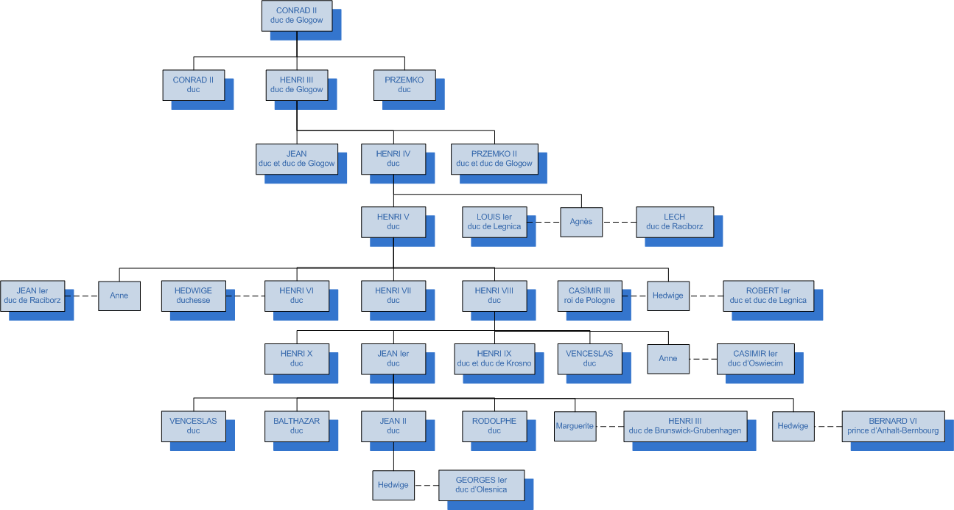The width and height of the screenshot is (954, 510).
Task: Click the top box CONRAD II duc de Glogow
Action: tap(296, 15)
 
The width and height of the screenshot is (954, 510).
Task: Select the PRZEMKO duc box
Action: tap(404, 85)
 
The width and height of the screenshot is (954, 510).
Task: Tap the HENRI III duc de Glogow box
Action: tap(296, 85)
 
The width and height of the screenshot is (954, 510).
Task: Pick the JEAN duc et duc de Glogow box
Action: tap(296, 158)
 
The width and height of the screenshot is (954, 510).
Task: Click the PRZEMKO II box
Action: tap(494, 158)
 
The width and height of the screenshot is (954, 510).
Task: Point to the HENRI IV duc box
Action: tap(393, 158)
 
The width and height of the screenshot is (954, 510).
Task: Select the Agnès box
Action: tap(581, 221)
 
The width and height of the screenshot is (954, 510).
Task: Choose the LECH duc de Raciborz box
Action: tap(674, 221)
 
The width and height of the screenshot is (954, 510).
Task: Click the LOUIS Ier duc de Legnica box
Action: tap(494, 221)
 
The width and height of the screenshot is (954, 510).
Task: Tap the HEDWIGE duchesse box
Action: tap(193, 296)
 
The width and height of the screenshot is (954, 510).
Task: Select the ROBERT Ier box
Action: tap(768, 296)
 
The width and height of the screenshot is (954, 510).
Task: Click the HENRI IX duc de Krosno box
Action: tap(494, 358)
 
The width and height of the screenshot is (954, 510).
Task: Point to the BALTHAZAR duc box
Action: tap(296, 426)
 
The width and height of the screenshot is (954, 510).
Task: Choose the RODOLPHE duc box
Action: tap(494, 426)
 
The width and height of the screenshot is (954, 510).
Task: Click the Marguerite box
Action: tap(575, 426)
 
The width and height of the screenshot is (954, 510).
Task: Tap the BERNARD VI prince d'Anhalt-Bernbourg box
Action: tap(893, 426)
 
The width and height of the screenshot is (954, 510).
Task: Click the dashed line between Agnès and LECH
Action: tap(619, 221)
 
